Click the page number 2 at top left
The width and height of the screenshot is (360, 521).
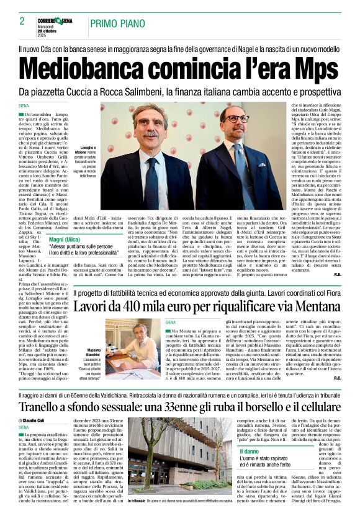[x=22, y=21]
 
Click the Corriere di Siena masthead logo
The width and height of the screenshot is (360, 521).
[x=56, y=21]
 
